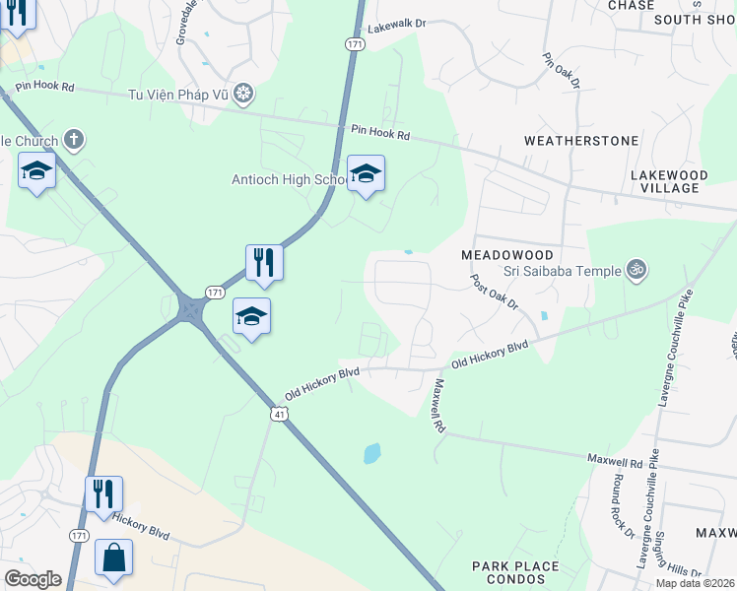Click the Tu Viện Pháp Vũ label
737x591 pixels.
(x=178, y=95)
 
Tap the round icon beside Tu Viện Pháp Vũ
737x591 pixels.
(x=243, y=95)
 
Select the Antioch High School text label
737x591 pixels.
(x=288, y=179)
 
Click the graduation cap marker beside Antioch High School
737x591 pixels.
(x=366, y=175)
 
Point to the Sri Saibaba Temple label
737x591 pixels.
(x=562, y=271)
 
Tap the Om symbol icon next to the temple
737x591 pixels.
(x=636, y=269)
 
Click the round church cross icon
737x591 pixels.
(x=73, y=141)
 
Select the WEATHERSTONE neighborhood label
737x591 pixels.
(x=580, y=141)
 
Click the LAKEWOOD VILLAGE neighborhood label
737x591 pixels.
(x=669, y=181)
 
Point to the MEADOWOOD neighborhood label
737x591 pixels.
(x=506, y=254)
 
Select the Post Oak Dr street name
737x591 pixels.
(x=495, y=293)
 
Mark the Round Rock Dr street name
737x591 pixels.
(x=623, y=506)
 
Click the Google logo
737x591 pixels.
(x=33, y=579)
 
